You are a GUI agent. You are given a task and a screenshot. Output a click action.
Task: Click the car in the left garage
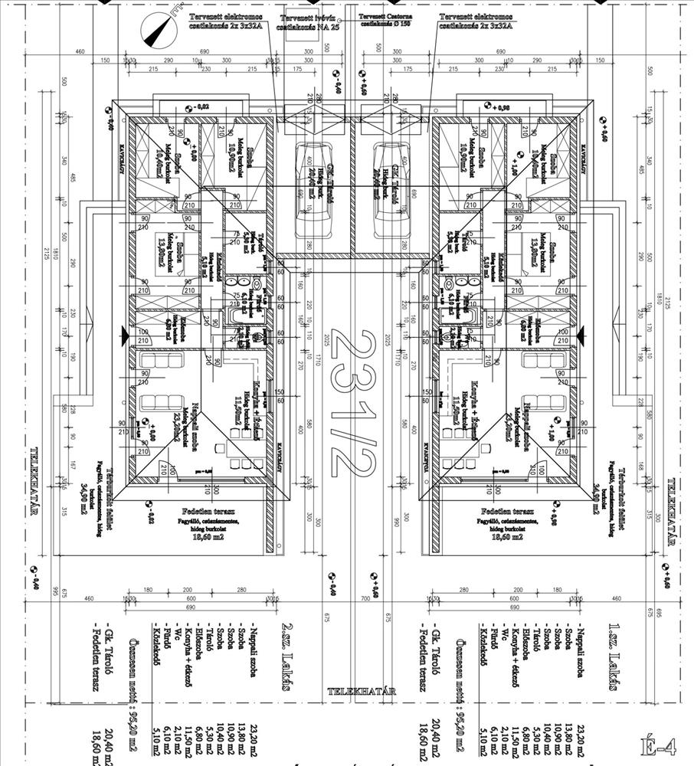point(312,191)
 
